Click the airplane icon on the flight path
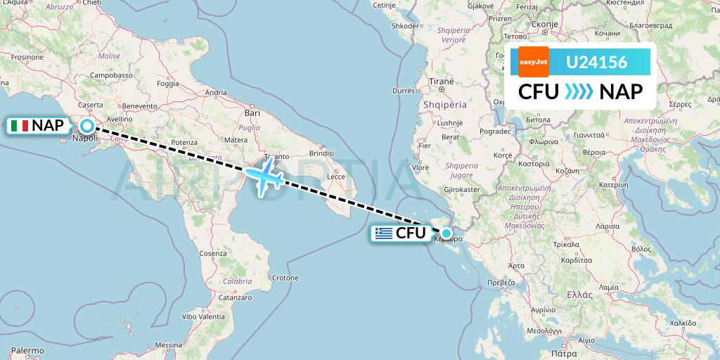point(265,178)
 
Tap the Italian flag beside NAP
point(20,127)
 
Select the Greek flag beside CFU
point(384,233)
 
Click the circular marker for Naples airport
point(86,126)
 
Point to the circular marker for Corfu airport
point(446,233)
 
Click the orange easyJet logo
point(533,62)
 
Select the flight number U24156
point(596,62)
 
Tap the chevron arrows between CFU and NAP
point(579,92)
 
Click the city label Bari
point(252,112)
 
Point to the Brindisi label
point(321,153)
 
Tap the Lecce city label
point(337,176)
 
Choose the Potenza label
point(184,142)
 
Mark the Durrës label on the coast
point(404,91)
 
